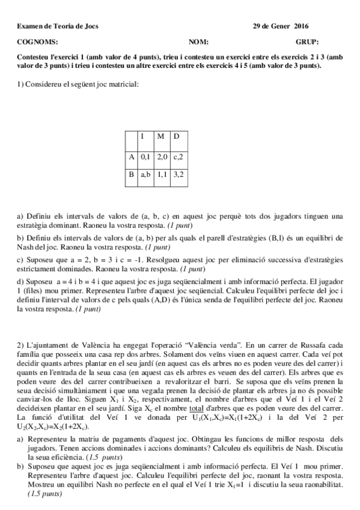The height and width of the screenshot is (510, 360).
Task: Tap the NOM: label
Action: (198, 42)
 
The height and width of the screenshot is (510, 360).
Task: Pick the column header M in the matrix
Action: (160, 136)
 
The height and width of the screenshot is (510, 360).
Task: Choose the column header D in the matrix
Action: (176, 136)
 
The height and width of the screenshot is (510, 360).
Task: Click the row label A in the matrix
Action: (131, 156)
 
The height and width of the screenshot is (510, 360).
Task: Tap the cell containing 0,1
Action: (145, 156)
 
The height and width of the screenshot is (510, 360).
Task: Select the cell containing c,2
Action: (178, 156)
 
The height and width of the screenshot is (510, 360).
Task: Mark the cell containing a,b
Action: (145, 175)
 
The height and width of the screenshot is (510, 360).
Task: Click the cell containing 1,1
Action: (162, 175)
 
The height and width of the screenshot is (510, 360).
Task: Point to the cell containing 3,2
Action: (178, 175)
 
